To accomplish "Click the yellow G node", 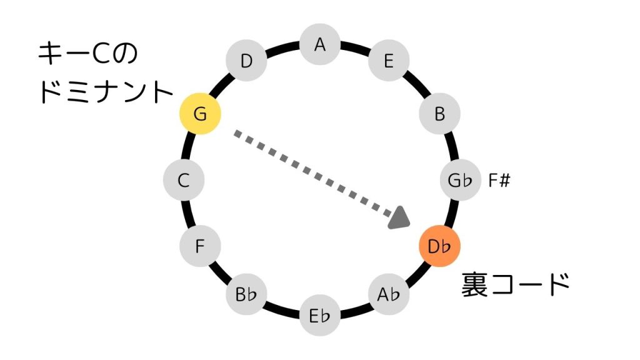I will coord(200,114).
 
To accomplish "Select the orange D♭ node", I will coord(439,246).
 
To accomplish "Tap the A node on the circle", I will coord(321,44).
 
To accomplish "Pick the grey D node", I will coord(246,61).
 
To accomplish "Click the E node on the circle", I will coord(389,61).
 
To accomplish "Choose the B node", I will coord(439,114).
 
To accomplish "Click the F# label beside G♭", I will coord(500,181).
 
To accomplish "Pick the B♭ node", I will coord(247,294).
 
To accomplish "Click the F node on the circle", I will coord(200,246).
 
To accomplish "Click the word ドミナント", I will coord(106,92).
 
